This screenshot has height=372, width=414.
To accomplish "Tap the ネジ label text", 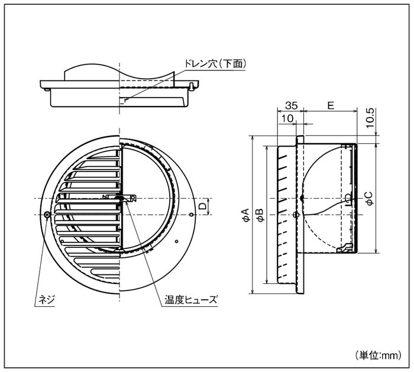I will pos(46,300).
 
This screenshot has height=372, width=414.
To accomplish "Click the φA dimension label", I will pos(245,215).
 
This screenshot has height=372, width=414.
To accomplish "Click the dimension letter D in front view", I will pos(202,206).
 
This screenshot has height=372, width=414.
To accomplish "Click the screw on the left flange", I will pos(47,214).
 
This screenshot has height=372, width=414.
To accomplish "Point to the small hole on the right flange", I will pos(191,214).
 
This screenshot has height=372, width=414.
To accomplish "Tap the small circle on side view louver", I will pos(296,214).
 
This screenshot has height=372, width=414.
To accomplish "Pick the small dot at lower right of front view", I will pos(176,241).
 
